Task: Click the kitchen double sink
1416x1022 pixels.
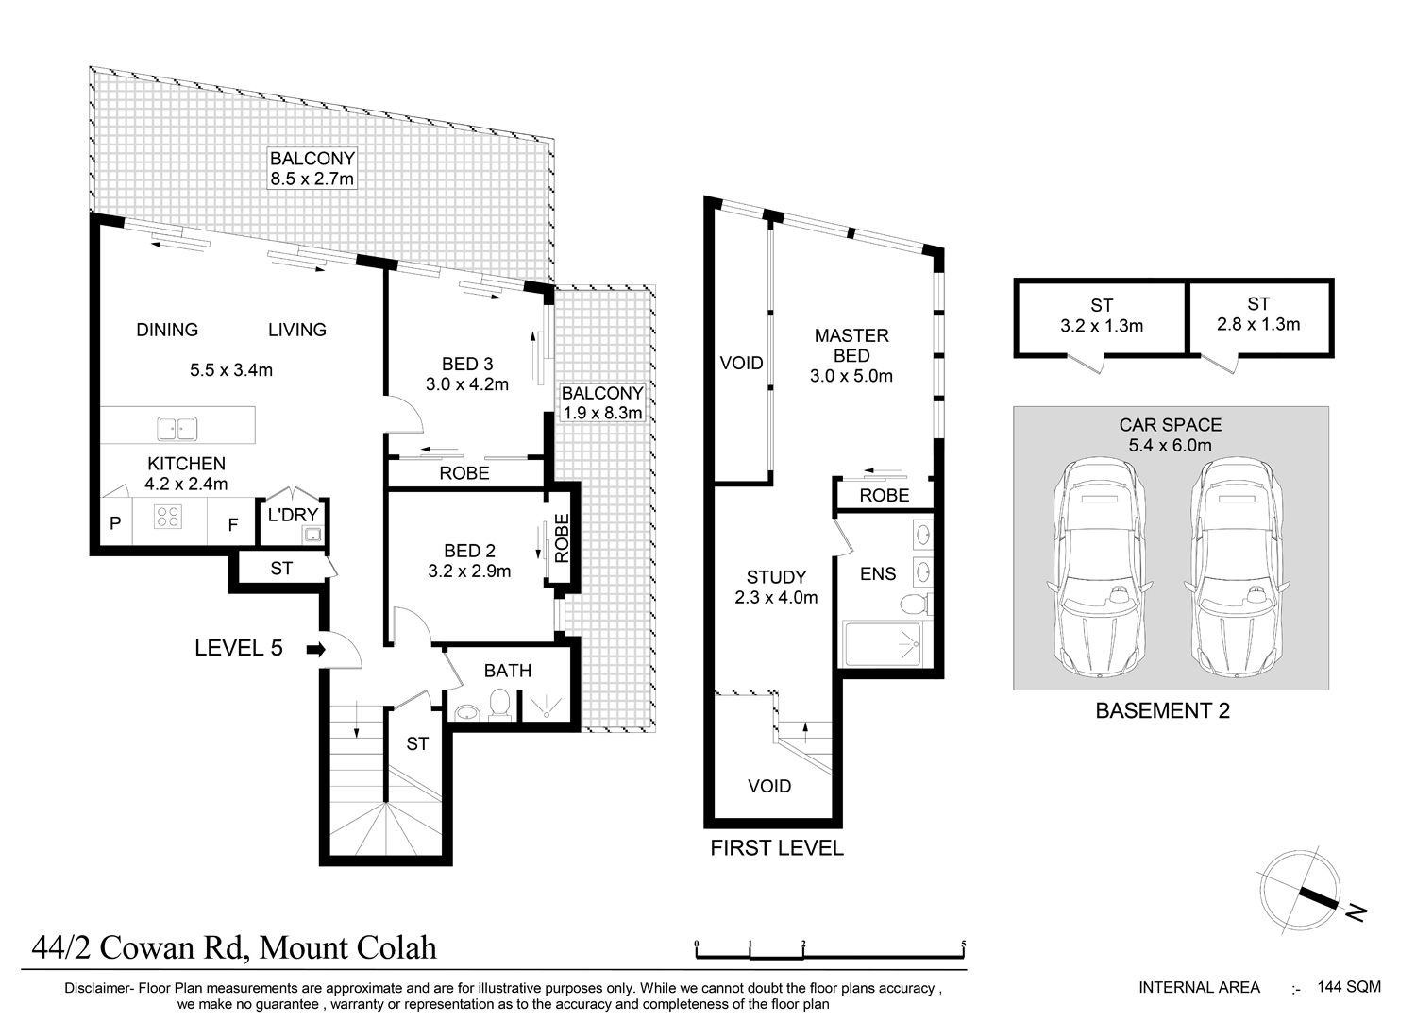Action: click(177, 428)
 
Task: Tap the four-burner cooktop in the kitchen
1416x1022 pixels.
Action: click(168, 517)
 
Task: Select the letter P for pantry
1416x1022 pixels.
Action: click(115, 523)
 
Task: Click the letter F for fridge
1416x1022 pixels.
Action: click(232, 524)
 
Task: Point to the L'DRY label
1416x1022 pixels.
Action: click(292, 515)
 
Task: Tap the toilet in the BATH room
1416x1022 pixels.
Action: click(500, 705)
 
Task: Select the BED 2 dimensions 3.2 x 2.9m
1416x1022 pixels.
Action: click(469, 571)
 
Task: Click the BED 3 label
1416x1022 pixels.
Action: click(467, 365)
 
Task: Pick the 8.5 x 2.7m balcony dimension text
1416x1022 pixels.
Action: click(312, 179)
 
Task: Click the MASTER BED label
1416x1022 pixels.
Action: click(851, 346)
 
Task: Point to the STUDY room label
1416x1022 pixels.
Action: click(776, 577)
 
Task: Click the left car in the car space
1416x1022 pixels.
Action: click(1100, 568)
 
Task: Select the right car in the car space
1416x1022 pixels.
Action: click(1238, 568)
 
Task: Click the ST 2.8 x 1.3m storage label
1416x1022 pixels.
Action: click(1258, 315)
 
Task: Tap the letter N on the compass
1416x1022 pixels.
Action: click(1357, 911)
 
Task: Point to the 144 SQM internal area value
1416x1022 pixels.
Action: click(1349, 987)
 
